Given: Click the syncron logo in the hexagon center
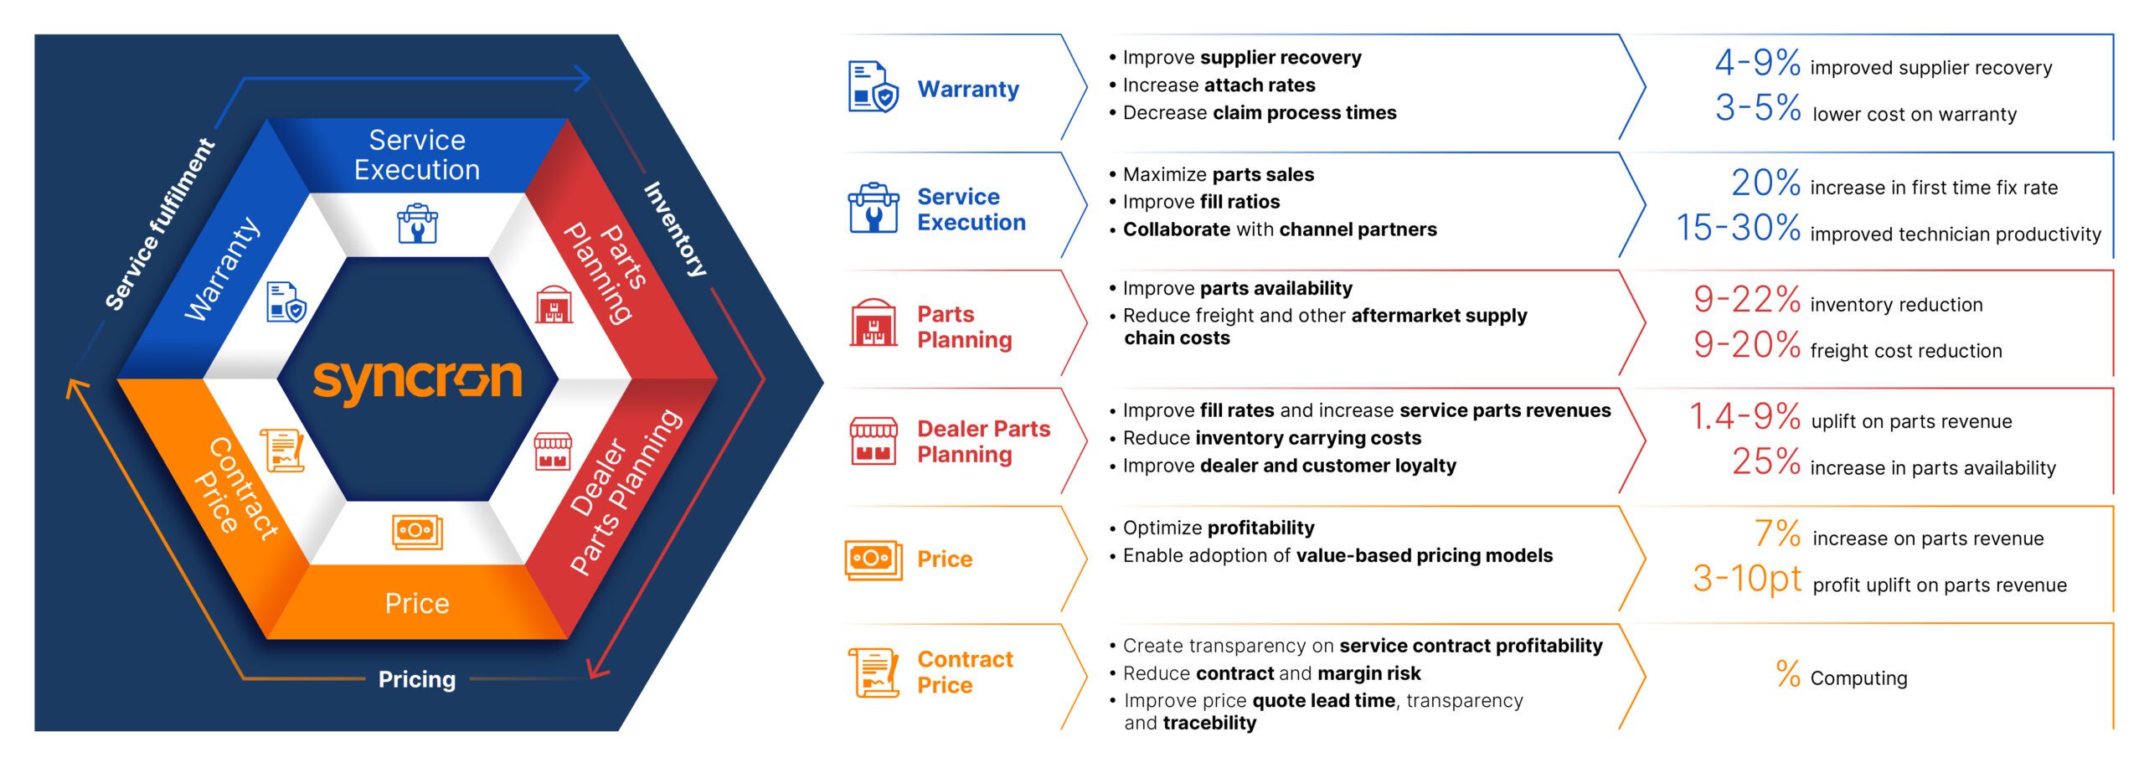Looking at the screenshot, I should coord(417,381).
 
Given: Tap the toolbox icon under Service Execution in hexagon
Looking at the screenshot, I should coord(417,224).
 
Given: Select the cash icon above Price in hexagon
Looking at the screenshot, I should coord(417,532).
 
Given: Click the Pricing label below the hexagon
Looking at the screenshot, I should coord(417,679).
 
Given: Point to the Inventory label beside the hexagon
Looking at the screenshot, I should coord(675,229).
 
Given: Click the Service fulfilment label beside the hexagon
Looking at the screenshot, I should coord(160,224).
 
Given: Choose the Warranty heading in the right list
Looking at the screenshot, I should coord(968,89).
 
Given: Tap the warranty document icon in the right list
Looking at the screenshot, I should coord(873,86).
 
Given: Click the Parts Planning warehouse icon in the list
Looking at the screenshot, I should coord(873,323).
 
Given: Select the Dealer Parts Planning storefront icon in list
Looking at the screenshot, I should coord(873,441).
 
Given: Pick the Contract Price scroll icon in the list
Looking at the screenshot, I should coord(873,672).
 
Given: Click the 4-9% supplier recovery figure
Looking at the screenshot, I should coord(1757,63).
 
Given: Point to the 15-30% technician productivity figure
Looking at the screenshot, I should coord(1738,228).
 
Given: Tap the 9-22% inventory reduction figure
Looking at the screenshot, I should coord(1746,300).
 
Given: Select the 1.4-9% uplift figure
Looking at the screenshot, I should coord(1745,417).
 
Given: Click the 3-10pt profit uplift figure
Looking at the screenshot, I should coord(1746,579).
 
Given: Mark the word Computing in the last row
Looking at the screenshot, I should coord(1858,678).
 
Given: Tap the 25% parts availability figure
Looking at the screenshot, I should coord(1765,462).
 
